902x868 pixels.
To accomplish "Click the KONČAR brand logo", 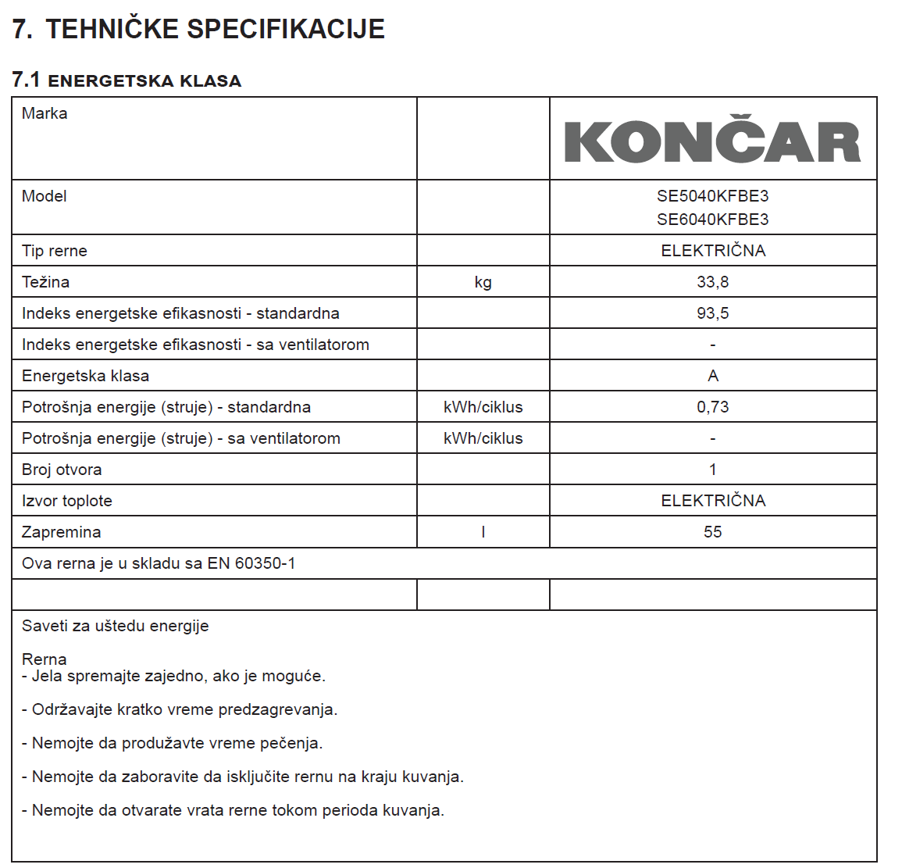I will [x=712, y=141].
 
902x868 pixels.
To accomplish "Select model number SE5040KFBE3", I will [x=712, y=196].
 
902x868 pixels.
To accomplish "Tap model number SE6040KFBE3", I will [x=712, y=220].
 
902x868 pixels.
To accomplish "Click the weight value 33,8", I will [x=712, y=282].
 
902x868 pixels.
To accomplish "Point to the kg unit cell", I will [x=483, y=282].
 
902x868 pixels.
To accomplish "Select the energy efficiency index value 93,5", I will [x=712, y=313].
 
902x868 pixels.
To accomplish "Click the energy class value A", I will [x=712, y=376].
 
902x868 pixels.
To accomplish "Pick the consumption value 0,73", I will [x=712, y=407].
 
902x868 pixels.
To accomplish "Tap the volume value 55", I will [x=712, y=532].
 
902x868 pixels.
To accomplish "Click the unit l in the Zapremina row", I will [x=483, y=532].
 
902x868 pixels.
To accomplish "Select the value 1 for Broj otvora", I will [x=712, y=470].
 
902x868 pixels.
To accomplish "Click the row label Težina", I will [x=45, y=282].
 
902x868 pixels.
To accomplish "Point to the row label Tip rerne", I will [x=55, y=251].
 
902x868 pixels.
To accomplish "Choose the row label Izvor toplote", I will [x=67, y=501].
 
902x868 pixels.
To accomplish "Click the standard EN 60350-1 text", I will [x=251, y=563].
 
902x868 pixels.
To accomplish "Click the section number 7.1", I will [x=26, y=80].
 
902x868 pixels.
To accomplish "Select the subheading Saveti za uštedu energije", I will [x=116, y=626].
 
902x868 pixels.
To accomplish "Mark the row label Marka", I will [x=45, y=113].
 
